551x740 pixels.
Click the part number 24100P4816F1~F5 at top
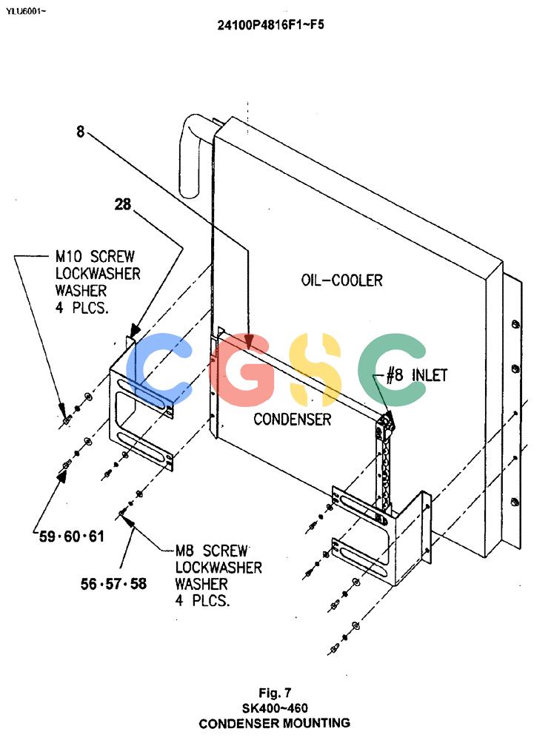pyautogui.click(x=270, y=24)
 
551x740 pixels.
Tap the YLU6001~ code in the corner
pyautogui.click(x=25, y=11)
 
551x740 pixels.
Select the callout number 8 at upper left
pyautogui.click(x=80, y=131)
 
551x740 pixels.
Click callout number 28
pyautogui.click(x=122, y=204)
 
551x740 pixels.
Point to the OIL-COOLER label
pyautogui.click(x=342, y=280)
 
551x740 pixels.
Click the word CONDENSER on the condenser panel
pyautogui.click(x=293, y=419)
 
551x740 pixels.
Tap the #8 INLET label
pyautogui.click(x=416, y=375)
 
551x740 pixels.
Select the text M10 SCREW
pyautogui.click(x=95, y=257)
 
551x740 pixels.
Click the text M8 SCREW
pyautogui.click(x=212, y=551)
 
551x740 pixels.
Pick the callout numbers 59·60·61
pyautogui.click(x=71, y=536)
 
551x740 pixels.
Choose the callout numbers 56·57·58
pyautogui.click(x=113, y=584)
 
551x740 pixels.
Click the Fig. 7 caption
pyautogui.click(x=275, y=693)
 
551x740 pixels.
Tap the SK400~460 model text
pyautogui.click(x=275, y=708)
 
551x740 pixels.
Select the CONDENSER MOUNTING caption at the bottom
pyautogui.click(x=275, y=723)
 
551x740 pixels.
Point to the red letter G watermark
pyautogui.click(x=241, y=369)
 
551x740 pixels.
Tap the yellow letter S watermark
pyautogui.click(x=315, y=369)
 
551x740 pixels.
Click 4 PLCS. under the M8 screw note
pyautogui.click(x=203, y=601)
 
